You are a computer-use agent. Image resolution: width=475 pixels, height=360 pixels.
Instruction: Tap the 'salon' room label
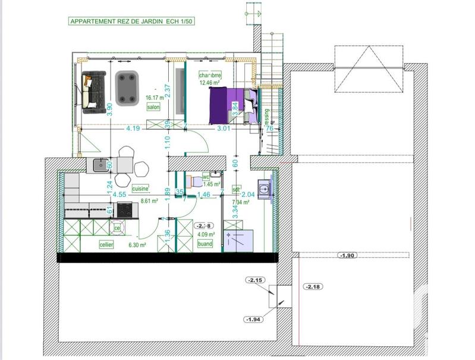[x=155, y=107]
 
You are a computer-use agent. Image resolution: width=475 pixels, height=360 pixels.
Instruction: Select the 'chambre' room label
[x=210, y=75]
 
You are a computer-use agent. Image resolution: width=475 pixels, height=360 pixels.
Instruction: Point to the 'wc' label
[x=206, y=177]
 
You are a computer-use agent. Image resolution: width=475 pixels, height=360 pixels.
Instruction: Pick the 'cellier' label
[x=106, y=244]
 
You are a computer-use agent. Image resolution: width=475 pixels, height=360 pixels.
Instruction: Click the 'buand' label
[x=205, y=244]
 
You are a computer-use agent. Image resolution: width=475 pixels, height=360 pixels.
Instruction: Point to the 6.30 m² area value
[x=138, y=244]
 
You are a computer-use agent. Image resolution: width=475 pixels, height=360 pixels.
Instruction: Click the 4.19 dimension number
[x=133, y=128]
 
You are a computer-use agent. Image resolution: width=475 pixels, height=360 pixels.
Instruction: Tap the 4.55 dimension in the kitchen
[x=119, y=194]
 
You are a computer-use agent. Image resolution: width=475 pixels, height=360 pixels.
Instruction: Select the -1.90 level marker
[x=347, y=255]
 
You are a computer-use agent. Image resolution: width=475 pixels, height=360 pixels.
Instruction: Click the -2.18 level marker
[x=312, y=287]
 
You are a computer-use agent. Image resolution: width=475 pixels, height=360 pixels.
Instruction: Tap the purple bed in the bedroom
[x=232, y=105]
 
